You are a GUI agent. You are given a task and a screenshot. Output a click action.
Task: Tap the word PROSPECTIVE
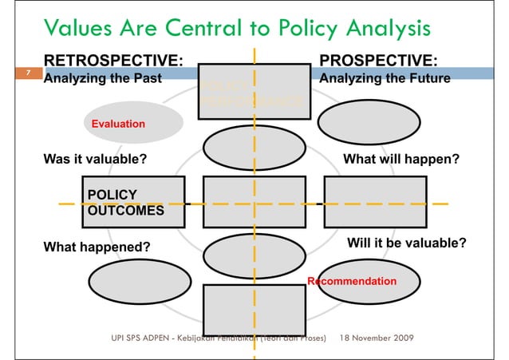[377, 61]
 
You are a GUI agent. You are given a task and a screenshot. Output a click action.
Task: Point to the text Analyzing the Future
[384, 79]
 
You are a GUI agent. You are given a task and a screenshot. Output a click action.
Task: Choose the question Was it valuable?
[94, 159]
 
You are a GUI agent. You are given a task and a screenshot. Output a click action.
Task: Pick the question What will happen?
[400, 159]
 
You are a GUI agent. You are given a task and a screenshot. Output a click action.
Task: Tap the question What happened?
[96, 247]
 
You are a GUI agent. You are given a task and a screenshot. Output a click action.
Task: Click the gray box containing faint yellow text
[254, 91]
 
